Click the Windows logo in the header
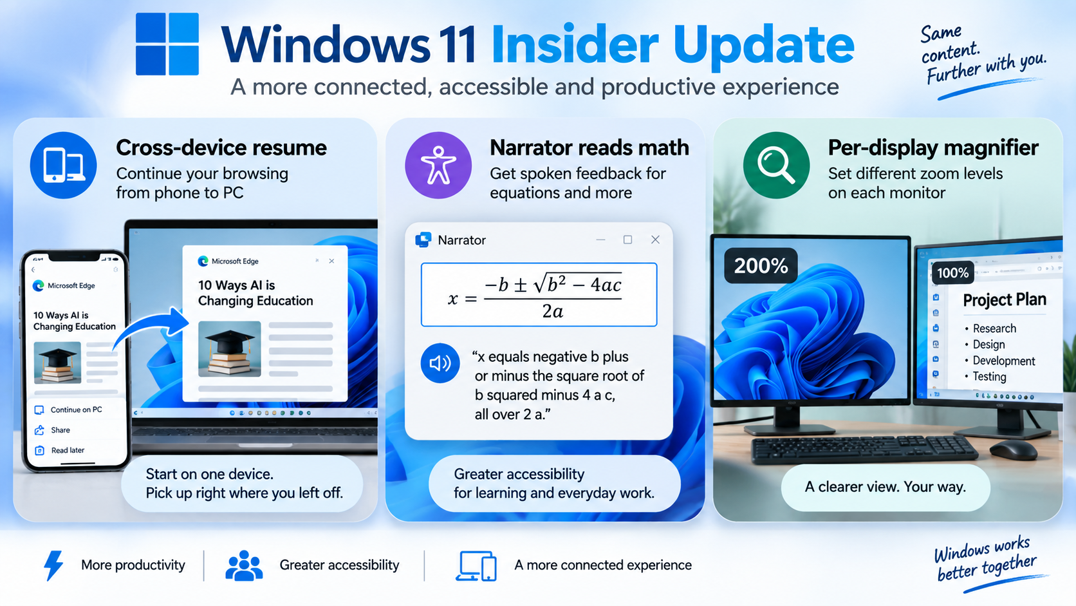pos(167,44)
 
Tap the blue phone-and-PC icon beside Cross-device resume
pos(64,166)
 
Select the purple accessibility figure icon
pos(438,166)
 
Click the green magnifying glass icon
pos(776,166)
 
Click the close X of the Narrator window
pos(655,240)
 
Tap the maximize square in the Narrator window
pos(627,240)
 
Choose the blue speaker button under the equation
pos(440,363)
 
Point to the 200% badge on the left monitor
pos(761,265)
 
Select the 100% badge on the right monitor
pos(953,273)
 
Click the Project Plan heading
pos(1005,300)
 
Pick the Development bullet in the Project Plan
pos(1003,361)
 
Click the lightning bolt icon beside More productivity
pos(53,565)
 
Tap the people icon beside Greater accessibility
pos(244,565)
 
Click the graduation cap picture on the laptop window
pos(230,349)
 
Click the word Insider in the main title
pos(575,44)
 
